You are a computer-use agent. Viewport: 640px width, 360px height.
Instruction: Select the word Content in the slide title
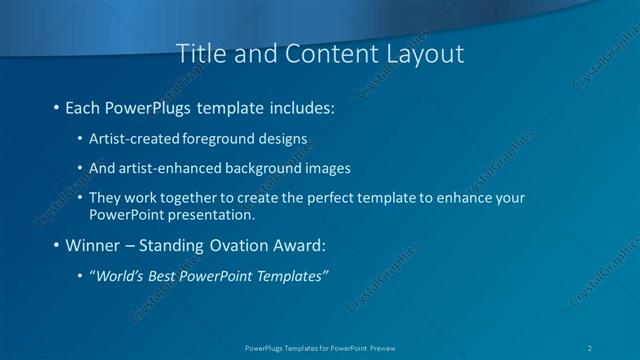tap(325, 55)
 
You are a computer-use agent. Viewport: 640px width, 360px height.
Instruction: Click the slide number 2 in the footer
tap(591, 347)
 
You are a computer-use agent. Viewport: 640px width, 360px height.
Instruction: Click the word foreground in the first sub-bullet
tap(217, 138)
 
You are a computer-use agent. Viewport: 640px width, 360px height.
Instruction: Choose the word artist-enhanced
tap(169, 168)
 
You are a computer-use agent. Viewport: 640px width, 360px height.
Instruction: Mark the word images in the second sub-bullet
tap(322, 168)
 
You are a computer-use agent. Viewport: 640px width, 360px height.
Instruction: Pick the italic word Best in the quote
tap(168, 276)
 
